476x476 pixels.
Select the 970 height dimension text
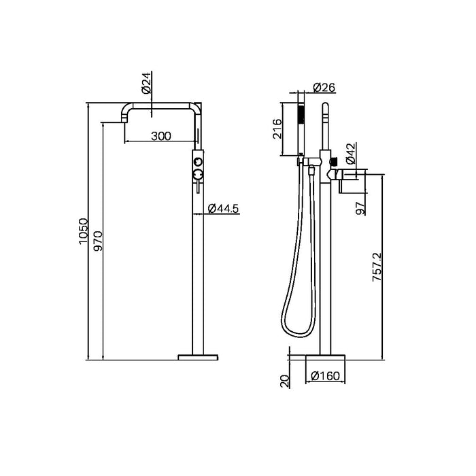[x=97, y=241]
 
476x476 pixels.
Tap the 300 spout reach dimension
[x=160, y=135]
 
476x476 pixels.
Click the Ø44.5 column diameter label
[x=223, y=209]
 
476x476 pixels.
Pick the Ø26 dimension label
[x=325, y=87]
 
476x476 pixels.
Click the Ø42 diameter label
[x=350, y=154]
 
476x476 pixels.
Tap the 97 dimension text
[x=361, y=207]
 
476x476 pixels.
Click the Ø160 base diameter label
[x=324, y=375]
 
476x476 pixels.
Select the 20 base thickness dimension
[x=286, y=379]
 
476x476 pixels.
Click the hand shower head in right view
[x=300, y=129]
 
